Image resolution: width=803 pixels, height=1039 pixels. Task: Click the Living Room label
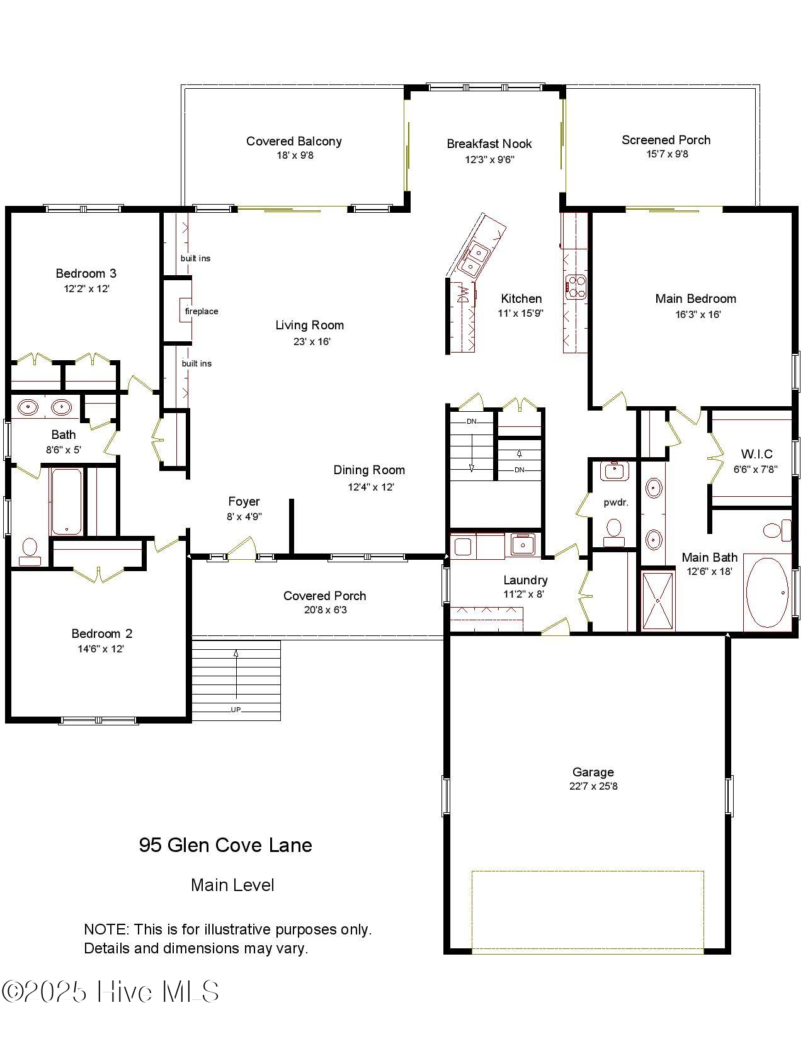[x=309, y=326]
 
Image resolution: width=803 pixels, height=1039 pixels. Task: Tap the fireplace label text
[x=202, y=311]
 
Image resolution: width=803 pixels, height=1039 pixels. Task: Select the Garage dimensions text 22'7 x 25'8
[x=593, y=786]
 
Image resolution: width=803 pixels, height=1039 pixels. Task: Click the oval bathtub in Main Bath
[x=766, y=592]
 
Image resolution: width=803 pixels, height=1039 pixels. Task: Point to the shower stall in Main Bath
[x=658, y=600]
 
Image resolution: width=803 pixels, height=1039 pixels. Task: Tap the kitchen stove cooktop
[x=576, y=287]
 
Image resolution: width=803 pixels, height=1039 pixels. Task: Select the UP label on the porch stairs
[x=236, y=710]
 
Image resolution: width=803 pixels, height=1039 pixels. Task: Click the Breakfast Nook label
[x=489, y=144]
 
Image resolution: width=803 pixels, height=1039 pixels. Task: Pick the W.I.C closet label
[x=756, y=454]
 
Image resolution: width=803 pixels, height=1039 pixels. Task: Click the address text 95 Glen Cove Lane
[x=225, y=845]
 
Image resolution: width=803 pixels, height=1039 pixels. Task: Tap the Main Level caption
[x=232, y=885]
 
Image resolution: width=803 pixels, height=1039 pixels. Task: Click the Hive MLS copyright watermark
[x=110, y=992]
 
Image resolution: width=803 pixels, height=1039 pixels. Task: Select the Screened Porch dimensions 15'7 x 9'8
[x=666, y=154]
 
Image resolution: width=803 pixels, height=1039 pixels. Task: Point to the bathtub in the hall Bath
[x=66, y=502]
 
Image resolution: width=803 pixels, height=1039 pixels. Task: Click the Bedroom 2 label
[x=101, y=633]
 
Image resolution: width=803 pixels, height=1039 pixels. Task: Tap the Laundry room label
[x=525, y=580]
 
